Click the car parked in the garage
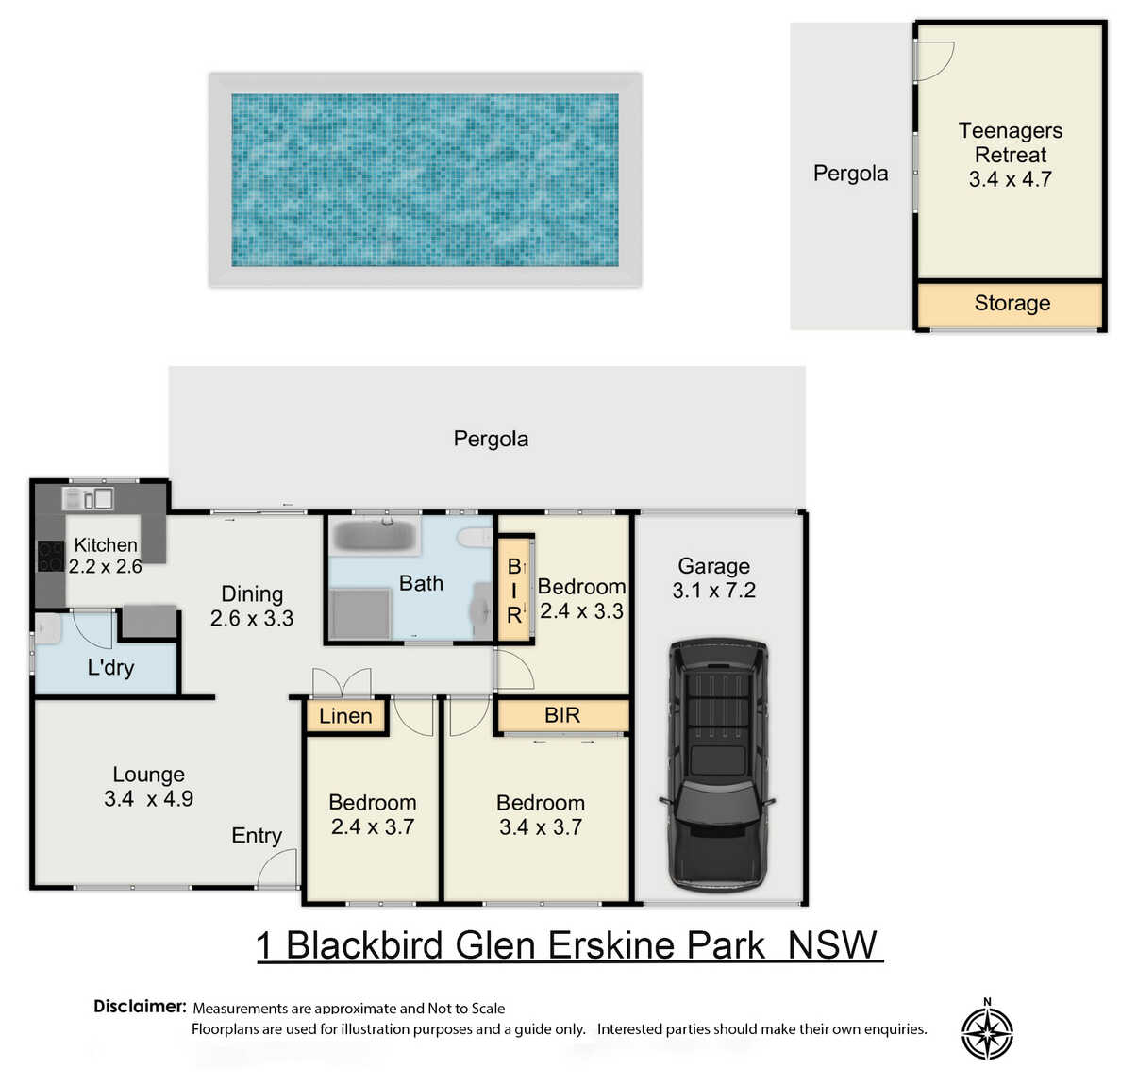[716, 766]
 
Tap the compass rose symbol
[987, 1033]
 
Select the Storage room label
[1012, 303]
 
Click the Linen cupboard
[346, 716]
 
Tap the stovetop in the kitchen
[51, 556]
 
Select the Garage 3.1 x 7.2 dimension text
[713, 590]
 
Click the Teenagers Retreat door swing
[935, 60]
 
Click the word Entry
[257, 836]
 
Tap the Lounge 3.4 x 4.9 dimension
[149, 799]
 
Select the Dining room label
[252, 594]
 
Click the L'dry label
[110, 667]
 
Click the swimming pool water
[425, 180]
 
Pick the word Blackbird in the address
[364, 946]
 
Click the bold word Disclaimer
[140, 1007]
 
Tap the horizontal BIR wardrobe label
[562, 715]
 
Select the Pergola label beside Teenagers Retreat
[850, 174]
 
